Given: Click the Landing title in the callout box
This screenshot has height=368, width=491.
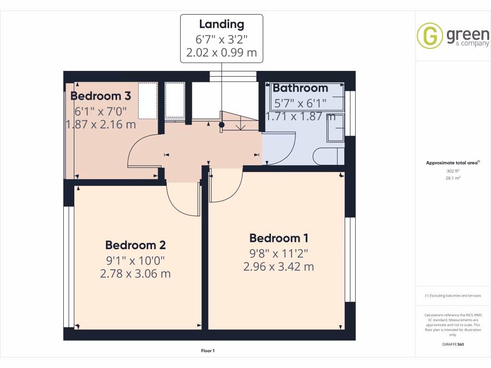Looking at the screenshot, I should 222,24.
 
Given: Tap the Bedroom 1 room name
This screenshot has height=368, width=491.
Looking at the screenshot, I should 279,238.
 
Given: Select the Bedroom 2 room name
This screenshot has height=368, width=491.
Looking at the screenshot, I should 135,245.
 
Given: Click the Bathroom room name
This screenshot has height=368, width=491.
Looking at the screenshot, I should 300,88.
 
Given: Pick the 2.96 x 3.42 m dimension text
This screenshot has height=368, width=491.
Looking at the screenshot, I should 279,267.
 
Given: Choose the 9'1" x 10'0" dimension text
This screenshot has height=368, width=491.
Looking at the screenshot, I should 135,261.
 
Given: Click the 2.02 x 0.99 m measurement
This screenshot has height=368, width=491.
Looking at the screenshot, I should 222,53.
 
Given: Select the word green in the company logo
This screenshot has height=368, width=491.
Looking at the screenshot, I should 468,34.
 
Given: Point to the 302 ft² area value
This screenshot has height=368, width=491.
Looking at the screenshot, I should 453,171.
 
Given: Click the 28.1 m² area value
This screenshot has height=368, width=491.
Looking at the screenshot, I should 453,178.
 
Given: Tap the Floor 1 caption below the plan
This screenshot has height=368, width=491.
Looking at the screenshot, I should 208,351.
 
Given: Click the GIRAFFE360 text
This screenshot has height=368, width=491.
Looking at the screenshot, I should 453,345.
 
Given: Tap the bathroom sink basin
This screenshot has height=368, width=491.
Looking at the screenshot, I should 335,128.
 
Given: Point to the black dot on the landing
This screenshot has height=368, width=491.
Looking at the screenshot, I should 222,125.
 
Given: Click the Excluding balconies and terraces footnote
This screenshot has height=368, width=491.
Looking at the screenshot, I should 453,296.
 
